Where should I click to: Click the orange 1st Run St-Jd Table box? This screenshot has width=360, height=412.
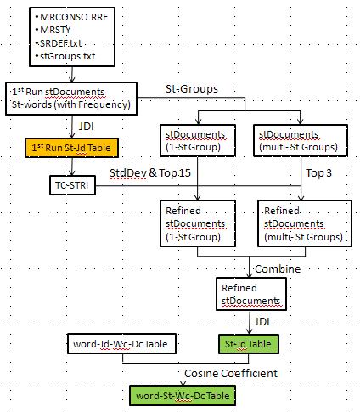tap(71, 148)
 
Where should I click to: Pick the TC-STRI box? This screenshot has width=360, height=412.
tap(72, 185)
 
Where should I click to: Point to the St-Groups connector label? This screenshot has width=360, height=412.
tap(192, 89)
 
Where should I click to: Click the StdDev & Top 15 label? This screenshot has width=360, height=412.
tap(150, 173)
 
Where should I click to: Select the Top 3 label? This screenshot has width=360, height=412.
tap(318, 173)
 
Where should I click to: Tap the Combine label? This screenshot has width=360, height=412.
tap(278, 268)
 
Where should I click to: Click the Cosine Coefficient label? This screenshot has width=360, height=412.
tap(231, 374)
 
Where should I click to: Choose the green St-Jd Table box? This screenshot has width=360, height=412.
tap(249, 344)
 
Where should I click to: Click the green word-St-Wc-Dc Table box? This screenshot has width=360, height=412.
tap(183, 395)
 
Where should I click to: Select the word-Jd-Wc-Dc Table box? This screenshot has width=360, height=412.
tap(121, 344)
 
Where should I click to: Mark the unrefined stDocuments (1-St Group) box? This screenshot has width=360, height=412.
tap(198, 140)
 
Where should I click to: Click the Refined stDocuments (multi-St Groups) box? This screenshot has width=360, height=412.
tap(305, 223)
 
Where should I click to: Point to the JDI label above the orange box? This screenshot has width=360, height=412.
tap(86, 127)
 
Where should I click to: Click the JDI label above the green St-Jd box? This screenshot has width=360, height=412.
tap(262, 322)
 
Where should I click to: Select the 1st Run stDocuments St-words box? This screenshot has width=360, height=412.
tap(71, 99)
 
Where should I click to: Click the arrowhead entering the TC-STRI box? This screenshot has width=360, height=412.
tap(72, 173)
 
